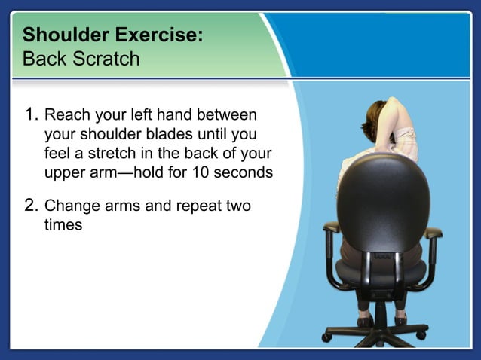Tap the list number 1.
(x=31, y=116)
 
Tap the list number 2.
(x=31, y=205)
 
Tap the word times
(x=63, y=224)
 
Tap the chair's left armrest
(x=331, y=228)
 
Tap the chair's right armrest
(x=432, y=234)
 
